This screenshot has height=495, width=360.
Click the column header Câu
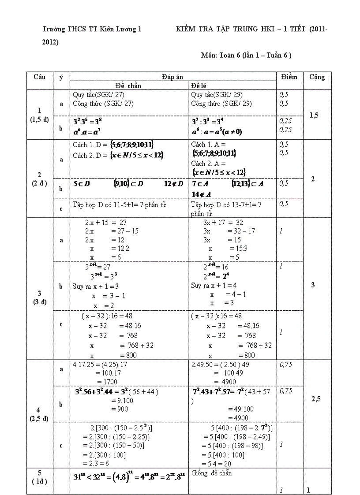pyautogui.click(x=39, y=77)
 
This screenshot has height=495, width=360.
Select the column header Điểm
pyautogui.click(x=289, y=77)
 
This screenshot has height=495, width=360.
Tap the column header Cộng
pyautogui.click(x=317, y=77)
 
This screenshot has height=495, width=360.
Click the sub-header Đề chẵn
pyautogui.click(x=128, y=86)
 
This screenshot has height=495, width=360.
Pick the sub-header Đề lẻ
pyautogui.click(x=199, y=86)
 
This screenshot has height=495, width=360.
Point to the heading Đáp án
pyautogui.click(x=172, y=77)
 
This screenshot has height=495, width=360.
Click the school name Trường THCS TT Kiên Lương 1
pyautogui.click(x=92, y=30)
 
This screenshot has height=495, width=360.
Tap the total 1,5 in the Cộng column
pyautogui.click(x=315, y=115)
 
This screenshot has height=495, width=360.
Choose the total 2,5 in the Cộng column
pyautogui.click(x=316, y=399)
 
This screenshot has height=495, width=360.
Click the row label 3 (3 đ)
pyautogui.click(x=40, y=298)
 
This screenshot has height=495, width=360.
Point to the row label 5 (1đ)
pyautogui.click(x=39, y=477)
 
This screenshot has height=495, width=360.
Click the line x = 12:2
pyautogui.click(x=104, y=249)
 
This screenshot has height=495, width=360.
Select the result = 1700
pyautogui.click(x=108, y=381)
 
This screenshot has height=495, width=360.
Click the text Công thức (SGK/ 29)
pyautogui.click(x=217, y=104)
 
